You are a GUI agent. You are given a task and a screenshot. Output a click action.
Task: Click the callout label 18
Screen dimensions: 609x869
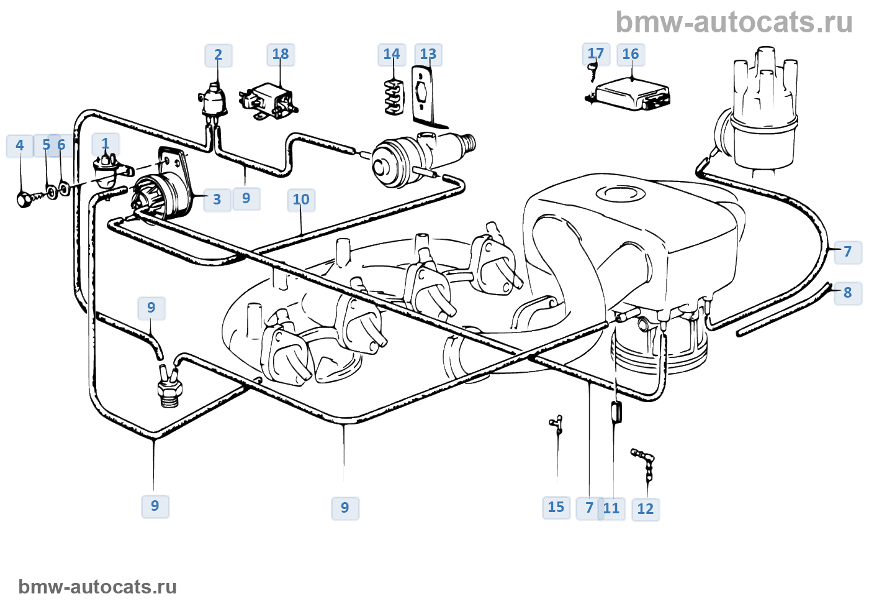(281, 55)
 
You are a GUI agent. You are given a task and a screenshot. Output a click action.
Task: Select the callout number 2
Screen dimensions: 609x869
(218, 55)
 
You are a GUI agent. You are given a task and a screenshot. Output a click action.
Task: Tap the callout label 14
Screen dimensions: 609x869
(392, 55)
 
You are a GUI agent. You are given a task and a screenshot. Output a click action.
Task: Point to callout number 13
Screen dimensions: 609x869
(428, 55)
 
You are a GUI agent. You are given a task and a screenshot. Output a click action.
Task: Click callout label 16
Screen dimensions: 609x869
(631, 55)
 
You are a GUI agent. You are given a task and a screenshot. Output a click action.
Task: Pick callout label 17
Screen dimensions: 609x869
(595, 54)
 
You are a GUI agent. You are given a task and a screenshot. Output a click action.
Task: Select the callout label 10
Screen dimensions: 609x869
(301, 199)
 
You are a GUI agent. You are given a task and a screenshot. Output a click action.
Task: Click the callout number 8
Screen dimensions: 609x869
(848, 293)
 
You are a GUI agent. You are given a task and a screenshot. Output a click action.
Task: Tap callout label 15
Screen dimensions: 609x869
(556, 508)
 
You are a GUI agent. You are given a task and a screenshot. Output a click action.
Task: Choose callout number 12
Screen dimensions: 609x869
(646, 510)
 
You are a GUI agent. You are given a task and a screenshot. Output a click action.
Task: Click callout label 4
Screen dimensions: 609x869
(20, 145)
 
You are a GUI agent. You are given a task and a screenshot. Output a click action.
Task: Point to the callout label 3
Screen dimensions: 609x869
(217, 199)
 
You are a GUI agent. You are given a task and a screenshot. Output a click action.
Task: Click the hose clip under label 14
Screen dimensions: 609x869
(392, 97)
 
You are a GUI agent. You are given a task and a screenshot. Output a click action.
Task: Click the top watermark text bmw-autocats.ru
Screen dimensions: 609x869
(734, 23)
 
